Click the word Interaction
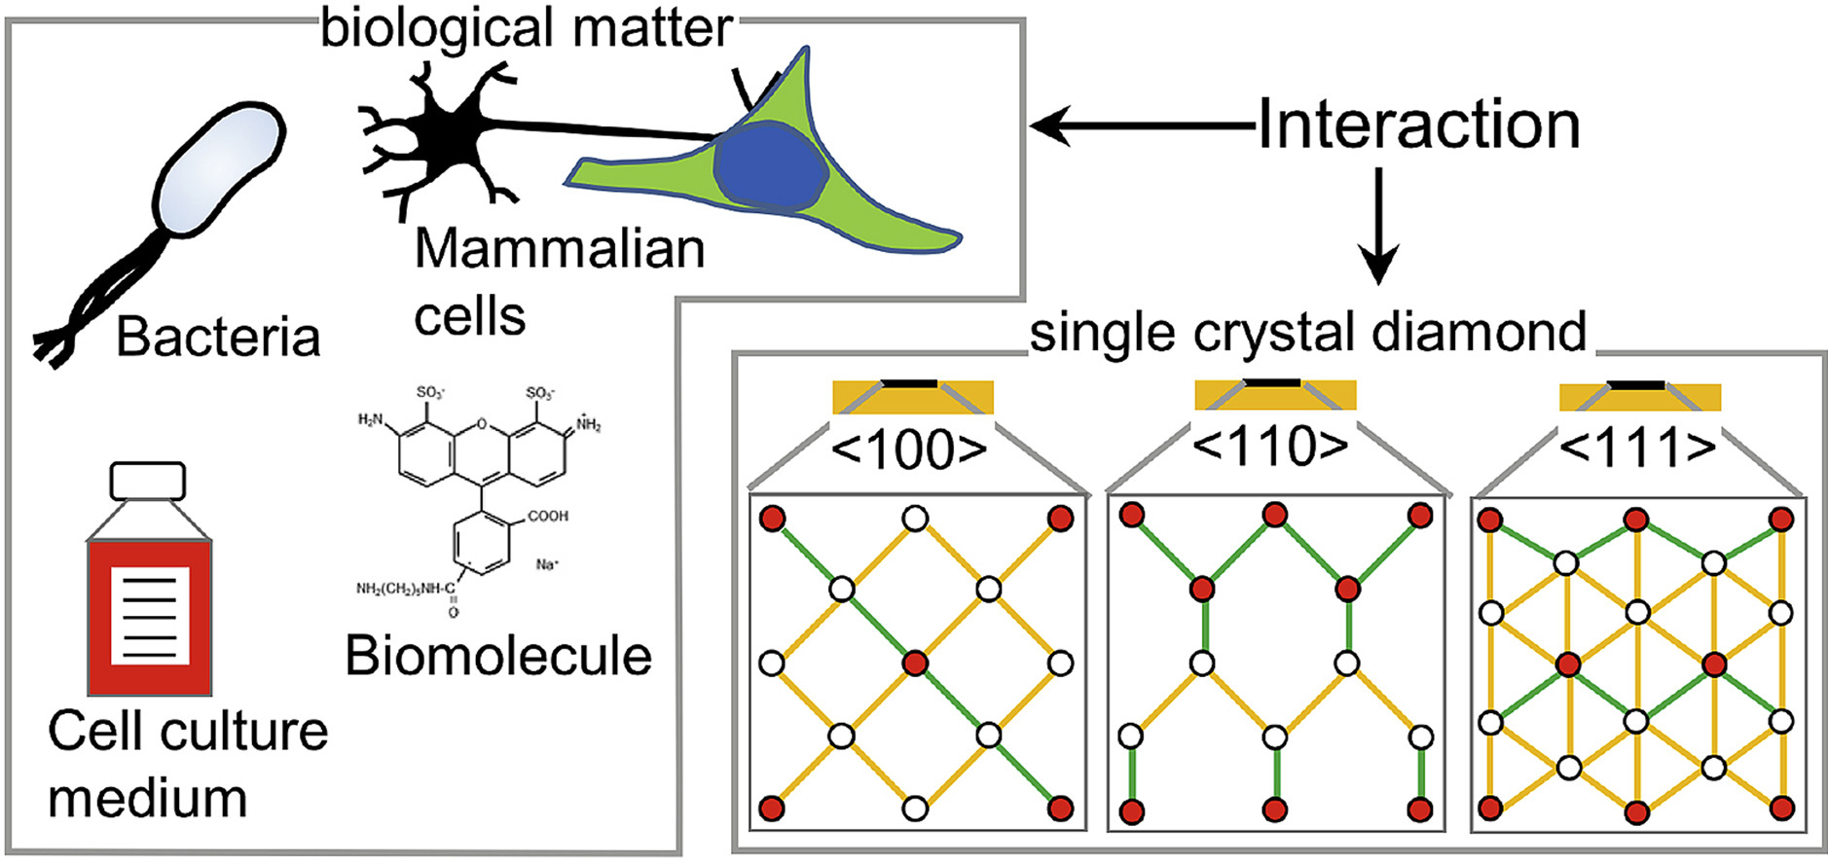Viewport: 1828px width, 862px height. [x=1418, y=126]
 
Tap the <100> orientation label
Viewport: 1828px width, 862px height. [x=909, y=449]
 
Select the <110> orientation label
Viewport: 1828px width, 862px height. [x=1270, y=447]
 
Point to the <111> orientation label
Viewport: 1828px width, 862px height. [x=1637, y=448]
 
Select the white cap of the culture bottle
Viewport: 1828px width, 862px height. [x=148, y=481]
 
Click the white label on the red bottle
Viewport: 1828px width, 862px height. [x=149, y=616]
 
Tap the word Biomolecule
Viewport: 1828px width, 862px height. [x=497, y=656]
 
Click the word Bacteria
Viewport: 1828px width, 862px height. [x=218, y=338]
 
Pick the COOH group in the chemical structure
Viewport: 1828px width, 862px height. [x=547, y=516]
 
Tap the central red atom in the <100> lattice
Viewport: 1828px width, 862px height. [x=914, y=664]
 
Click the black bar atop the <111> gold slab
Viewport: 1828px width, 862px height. [x=1634, y=386]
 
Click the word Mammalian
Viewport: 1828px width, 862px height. [x=560, y=249]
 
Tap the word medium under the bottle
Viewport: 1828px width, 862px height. [x=148, y=798]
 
